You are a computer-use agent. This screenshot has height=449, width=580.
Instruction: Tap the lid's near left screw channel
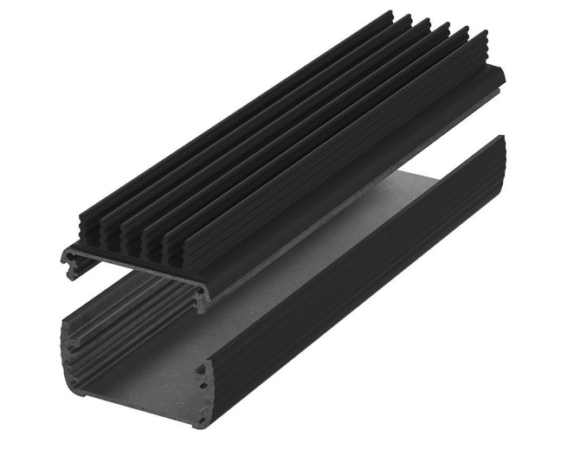(x=72, y=257)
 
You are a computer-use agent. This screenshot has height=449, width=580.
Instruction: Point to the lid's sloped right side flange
(x=346, y=190)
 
